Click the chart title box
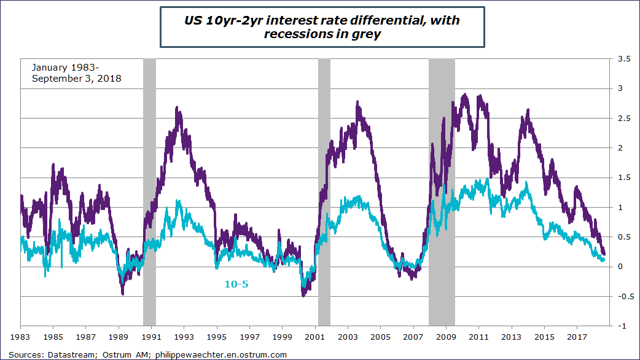click(x=322, y=28)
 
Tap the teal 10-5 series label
click(x=235, y=284)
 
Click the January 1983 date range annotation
click(x=76, y=72)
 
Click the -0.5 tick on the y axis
click(x=623, y=296)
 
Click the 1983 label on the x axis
click(x=21, y=337)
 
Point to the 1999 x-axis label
click(x=283, y=337)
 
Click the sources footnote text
click(x=147, y=354)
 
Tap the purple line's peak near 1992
click(x=178, y=108)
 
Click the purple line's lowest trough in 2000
click(x=303, y=295)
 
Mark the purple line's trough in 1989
click(x=123, y=294)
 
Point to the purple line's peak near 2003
click(x=357, y=102)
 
